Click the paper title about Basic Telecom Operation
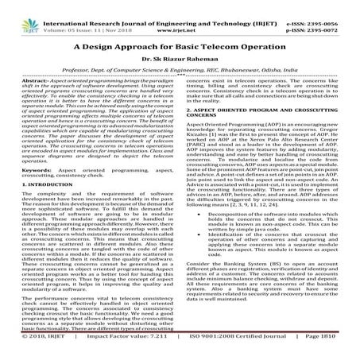coord(180,47)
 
